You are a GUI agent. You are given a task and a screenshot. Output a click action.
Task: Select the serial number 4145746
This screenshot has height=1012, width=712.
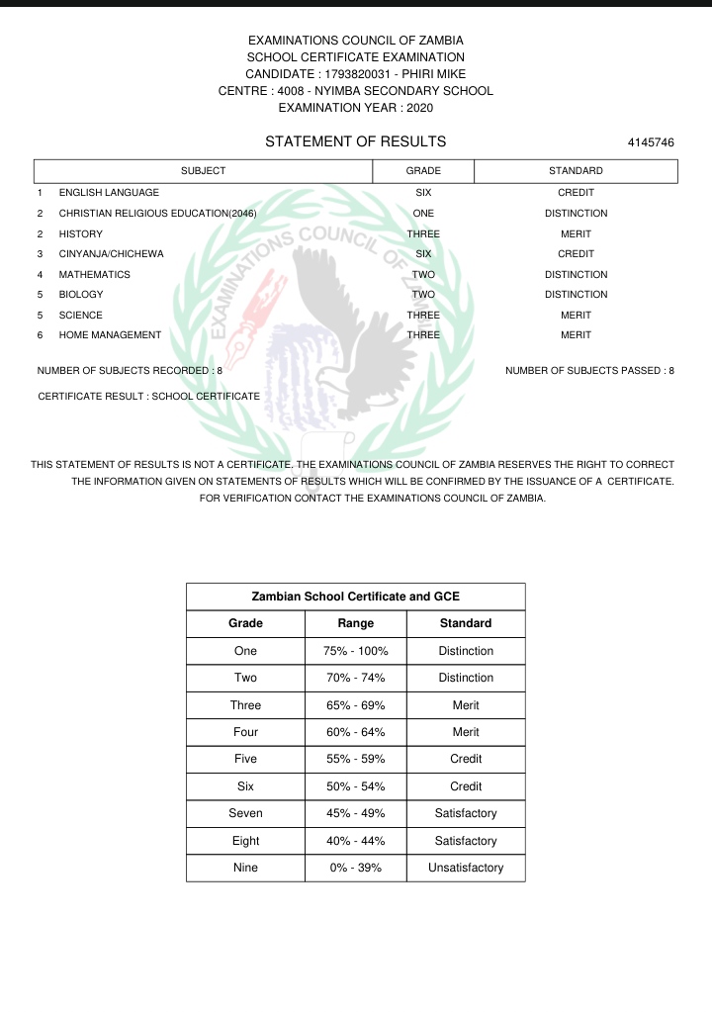click(651, 143)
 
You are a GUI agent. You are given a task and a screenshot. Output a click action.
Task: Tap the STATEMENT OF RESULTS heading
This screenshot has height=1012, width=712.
click(355, 142)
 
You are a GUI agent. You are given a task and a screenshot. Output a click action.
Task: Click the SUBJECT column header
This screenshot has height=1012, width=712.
click(203, 171)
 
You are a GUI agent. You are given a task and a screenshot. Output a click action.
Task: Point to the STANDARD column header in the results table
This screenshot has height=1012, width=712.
click(576, 171)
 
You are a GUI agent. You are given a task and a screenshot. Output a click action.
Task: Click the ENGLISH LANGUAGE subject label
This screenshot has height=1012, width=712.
click(109, 193)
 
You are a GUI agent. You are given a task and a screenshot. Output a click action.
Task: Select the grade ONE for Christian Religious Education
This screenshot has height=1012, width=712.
click(423, 214)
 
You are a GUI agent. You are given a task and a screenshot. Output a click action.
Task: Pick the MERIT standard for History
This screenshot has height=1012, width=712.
click(576, 233)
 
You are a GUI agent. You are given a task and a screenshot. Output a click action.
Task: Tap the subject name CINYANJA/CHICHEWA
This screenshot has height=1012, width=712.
click(111, 254)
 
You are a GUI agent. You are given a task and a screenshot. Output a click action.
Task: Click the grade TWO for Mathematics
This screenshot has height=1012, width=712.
click(423, 275)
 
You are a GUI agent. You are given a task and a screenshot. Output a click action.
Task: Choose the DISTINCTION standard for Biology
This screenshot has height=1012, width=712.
click(576, 295)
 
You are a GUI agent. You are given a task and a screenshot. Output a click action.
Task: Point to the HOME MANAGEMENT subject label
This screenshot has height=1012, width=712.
click(110, 335)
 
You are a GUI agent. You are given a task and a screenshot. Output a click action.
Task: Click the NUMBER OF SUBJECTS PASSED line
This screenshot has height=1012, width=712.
click(589, 371)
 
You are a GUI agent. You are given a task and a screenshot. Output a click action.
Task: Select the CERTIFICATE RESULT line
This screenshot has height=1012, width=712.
click(148, 396)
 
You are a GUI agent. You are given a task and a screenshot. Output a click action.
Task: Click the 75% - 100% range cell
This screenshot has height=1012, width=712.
click(356, 651)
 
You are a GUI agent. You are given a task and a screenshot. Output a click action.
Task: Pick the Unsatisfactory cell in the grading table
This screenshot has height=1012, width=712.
click(465, 868)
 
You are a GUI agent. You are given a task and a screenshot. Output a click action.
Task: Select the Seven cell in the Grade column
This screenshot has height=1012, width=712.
click(245, 813)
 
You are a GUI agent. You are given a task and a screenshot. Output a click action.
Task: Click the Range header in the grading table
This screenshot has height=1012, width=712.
click(356, 623)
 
